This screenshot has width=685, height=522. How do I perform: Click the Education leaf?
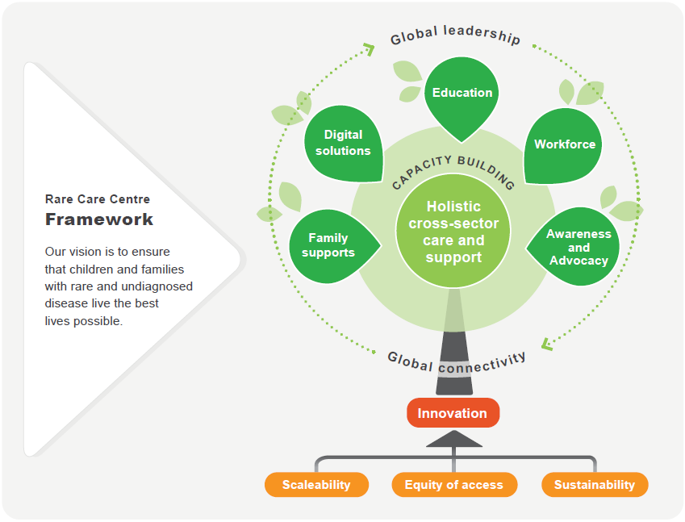(x=462, y=95)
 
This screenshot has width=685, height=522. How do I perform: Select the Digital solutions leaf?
(x=343, y=143)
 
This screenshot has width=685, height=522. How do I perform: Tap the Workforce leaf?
(x=564, y=145)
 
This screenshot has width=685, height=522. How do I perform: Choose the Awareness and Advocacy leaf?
(x=576, y=247)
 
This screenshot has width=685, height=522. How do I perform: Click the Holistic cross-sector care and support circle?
(x=453, y=232)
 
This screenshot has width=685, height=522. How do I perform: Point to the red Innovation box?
(x=453, y=413)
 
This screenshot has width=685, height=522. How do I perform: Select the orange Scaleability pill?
(x=316, y=485)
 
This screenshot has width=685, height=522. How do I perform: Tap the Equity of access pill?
(x=453, y=485)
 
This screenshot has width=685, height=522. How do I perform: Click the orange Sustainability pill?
(x=595, y=485)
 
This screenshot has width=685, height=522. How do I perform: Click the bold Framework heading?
(x=99, y=219)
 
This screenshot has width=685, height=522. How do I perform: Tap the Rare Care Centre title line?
(x=98, y=199)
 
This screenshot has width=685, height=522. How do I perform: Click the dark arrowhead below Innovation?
(x=453, y=439)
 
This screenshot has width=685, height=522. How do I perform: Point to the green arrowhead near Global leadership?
(x=368, y=49)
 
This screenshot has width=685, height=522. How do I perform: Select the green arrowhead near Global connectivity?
(x=547, y=344)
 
